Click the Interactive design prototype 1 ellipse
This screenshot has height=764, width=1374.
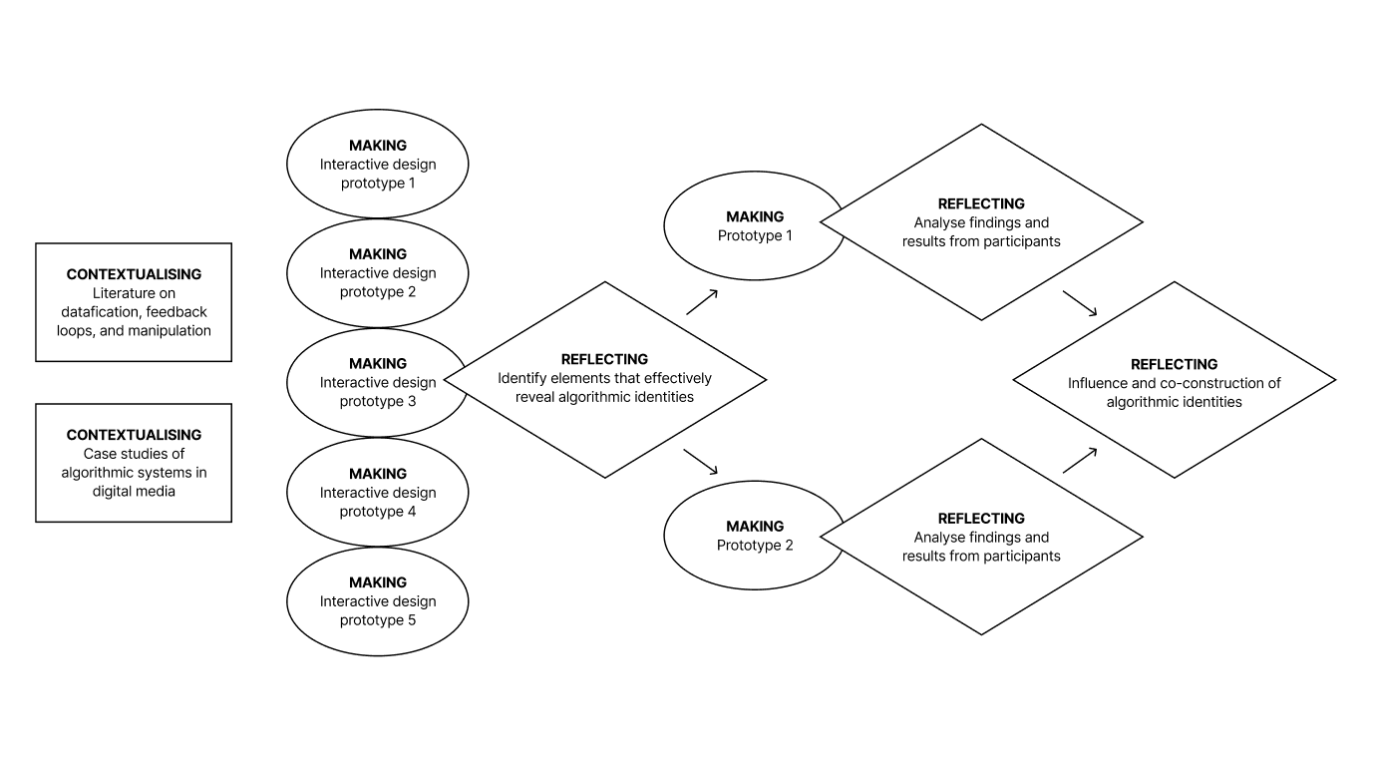click(x=377, y=164)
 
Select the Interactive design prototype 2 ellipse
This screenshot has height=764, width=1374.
click(x=377, y=273)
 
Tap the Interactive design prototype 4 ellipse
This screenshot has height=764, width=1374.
click(x=377, y=493)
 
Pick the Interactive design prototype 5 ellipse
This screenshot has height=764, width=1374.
click(x=377, y=601)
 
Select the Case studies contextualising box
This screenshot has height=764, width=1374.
click(x=134, y=463)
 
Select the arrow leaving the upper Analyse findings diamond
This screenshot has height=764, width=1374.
click(x=1080, y=303)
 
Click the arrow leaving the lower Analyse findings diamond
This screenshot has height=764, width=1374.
click(x=1080, y=460)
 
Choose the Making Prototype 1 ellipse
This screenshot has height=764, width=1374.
click(x=743, y=226)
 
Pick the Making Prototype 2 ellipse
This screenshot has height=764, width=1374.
click(x=743, y=536)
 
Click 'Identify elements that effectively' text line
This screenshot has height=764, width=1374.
click(x=604, y=378)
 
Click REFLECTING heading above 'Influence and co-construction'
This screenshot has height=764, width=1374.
click(x=1174, y=364)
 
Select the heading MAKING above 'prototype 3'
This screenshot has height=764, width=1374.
click(x=377, y=364)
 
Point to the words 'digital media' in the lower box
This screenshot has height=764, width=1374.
click(x=134, y=491)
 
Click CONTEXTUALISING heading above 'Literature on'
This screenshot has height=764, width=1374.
click(x=134, y=274)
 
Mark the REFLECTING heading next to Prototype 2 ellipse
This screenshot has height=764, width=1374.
click(x=981, y=519)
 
